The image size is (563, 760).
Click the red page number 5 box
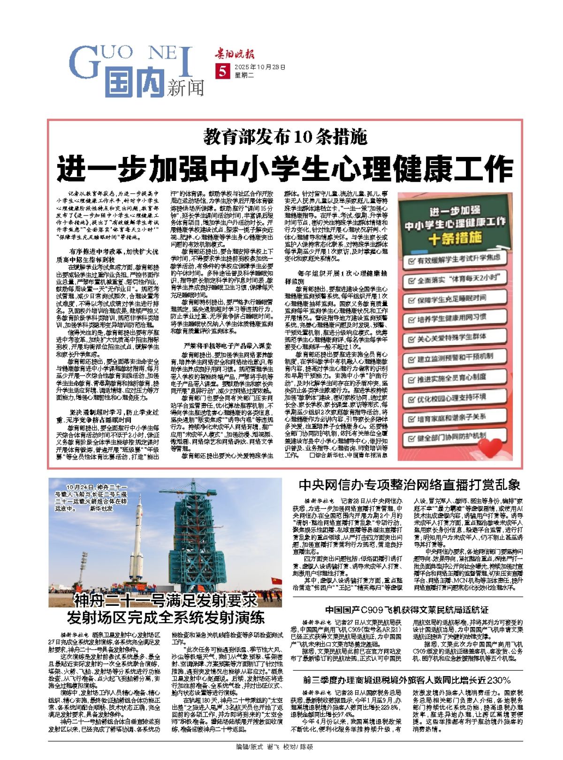[221, 71]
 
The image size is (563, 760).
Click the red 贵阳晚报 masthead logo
[236, 53]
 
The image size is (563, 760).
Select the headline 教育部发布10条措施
[285, 137]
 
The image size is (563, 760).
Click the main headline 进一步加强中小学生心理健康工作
[285, 168]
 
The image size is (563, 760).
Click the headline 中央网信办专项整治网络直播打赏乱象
[409, 484]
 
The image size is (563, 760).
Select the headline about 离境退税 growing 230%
[407, 680]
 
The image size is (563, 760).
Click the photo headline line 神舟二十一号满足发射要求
[165, 600]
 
